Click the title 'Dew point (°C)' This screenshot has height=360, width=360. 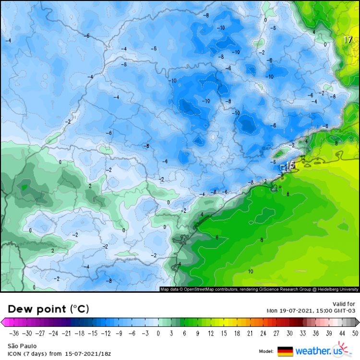click(x=48, y=309)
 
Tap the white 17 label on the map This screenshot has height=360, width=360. click(x=348, y=40)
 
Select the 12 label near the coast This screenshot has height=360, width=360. click(x=303, y=157)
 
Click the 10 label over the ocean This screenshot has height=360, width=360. click(x=251, y=272)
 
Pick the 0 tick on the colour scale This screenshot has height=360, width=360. click(x=158, y=333)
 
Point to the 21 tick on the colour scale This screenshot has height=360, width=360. click(x=250, y=333)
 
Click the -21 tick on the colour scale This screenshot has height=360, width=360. click(x=79, y=333)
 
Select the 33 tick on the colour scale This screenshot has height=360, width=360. click(x=302, y=333)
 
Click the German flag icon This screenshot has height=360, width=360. click(x=285, y=351)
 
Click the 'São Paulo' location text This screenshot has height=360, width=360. click(x=19, y=346)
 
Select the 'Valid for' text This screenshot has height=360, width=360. click(x=344, y=304)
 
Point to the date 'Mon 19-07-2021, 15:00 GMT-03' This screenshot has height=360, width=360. click(x=311, y=311)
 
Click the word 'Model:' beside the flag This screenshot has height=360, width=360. click(x=266, y=351)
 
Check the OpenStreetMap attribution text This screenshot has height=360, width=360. click(x=259, y=289)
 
